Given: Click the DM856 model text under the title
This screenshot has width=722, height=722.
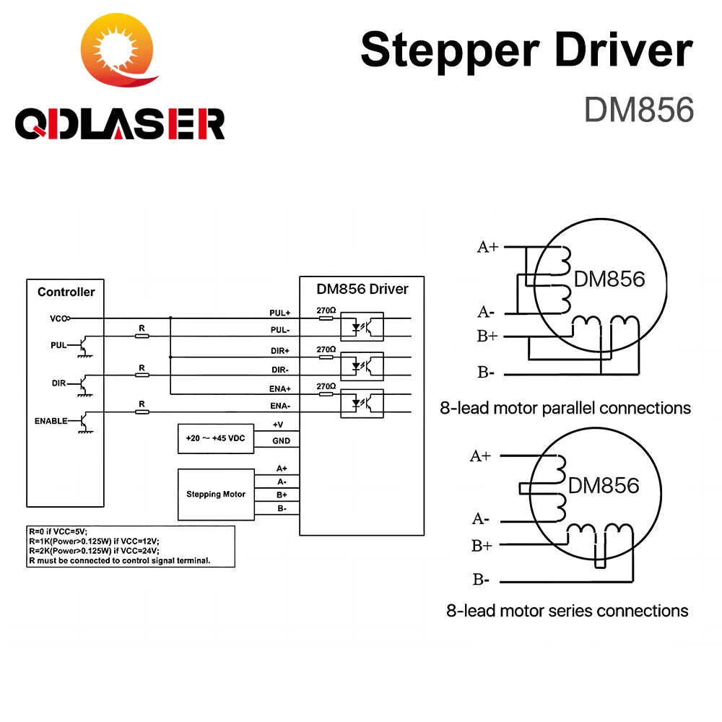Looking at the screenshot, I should tap(638, 110).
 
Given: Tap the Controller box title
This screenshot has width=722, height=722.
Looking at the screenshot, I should tap(66, 292).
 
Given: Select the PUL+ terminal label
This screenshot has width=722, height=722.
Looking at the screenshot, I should tap(279, 313).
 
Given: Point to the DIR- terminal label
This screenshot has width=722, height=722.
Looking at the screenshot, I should tap(279, 368).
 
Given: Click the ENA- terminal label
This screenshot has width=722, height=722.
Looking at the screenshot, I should tap(280, 406).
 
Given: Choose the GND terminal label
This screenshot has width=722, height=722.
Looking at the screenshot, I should tap(280, 440).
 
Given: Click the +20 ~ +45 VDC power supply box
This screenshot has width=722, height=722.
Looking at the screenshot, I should tap(216, 438).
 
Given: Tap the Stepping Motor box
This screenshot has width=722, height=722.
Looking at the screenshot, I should tap(216, 495).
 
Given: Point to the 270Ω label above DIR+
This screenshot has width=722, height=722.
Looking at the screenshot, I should tap(326, 349).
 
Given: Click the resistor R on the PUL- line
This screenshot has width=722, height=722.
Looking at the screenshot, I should tap(142, 335).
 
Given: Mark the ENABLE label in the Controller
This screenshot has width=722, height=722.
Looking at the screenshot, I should tap(51, 420).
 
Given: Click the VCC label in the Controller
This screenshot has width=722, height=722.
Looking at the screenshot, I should tap(58, 318).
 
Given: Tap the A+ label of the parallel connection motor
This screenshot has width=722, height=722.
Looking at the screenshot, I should tap(487, 247).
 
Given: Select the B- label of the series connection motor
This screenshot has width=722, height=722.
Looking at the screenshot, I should tap(481, 579).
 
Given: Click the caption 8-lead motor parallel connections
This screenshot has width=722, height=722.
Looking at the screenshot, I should tap(565, 408).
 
